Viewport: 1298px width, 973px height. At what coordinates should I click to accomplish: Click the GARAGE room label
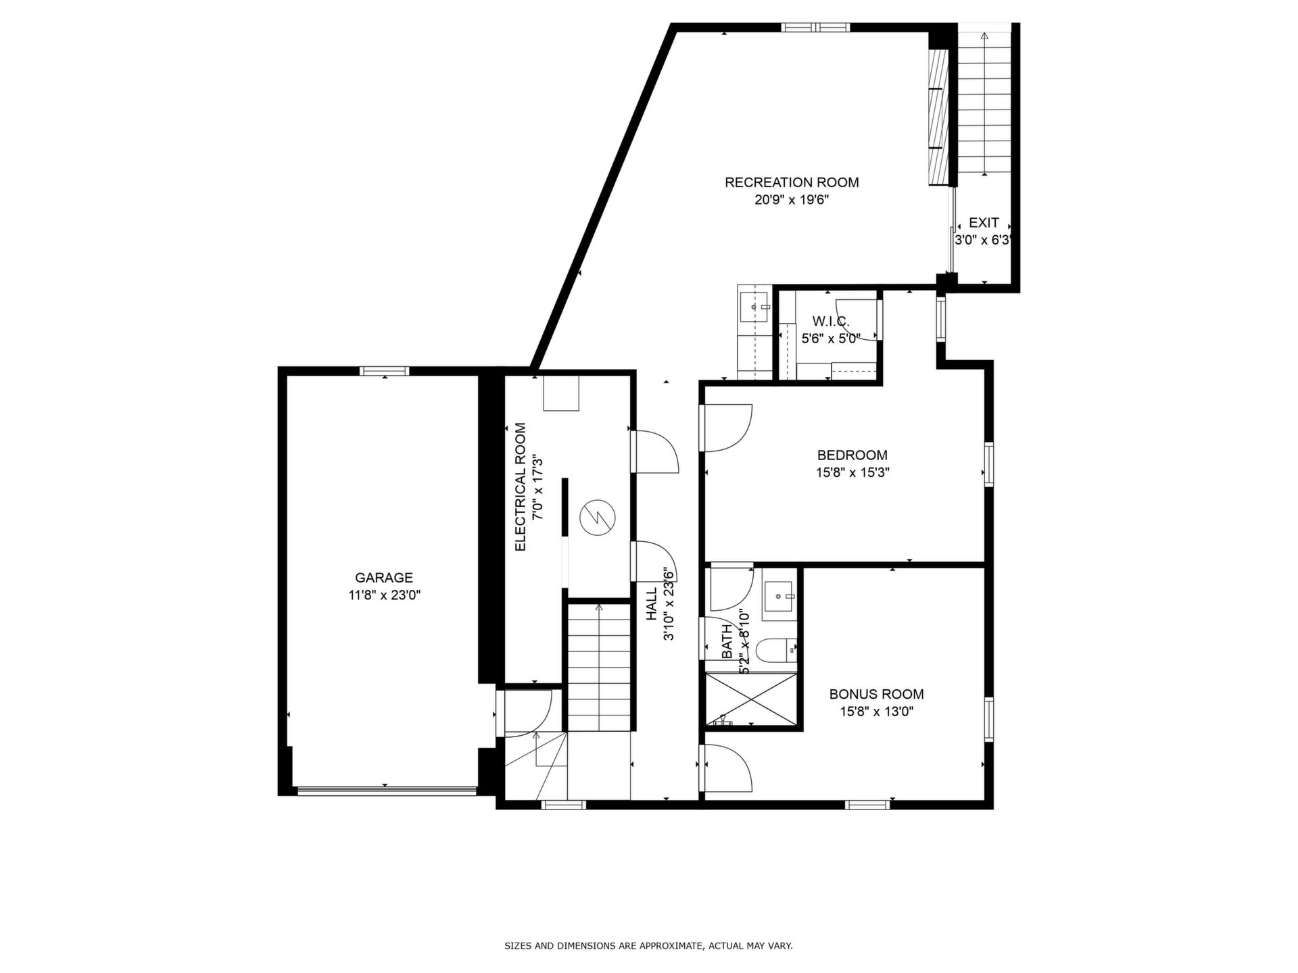coord(384,578)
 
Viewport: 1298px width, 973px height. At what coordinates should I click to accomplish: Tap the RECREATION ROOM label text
coord(792,182)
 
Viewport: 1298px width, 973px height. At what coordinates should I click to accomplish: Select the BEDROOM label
coord(852,455)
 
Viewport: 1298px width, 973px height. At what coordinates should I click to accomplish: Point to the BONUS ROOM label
coord(876,694)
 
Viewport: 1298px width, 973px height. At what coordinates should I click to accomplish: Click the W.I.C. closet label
coord(830,322)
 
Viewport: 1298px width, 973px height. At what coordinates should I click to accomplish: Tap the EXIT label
coord(984,223)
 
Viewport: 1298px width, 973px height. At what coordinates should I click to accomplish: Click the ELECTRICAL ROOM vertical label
coord(521,487)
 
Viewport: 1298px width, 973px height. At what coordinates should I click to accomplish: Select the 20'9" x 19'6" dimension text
coord(792,200)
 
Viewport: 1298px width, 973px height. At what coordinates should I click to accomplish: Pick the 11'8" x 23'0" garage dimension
coord(384,595)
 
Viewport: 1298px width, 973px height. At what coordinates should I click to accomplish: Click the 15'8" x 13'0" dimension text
coord(876,712)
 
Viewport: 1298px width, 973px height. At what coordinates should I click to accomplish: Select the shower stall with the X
coord(751,700)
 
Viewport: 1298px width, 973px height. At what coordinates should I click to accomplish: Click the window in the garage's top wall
coord(385,370)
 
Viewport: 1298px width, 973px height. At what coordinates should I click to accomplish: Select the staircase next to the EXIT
coord(984,101)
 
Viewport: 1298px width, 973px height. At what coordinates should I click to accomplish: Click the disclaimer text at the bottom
coord(648,946)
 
